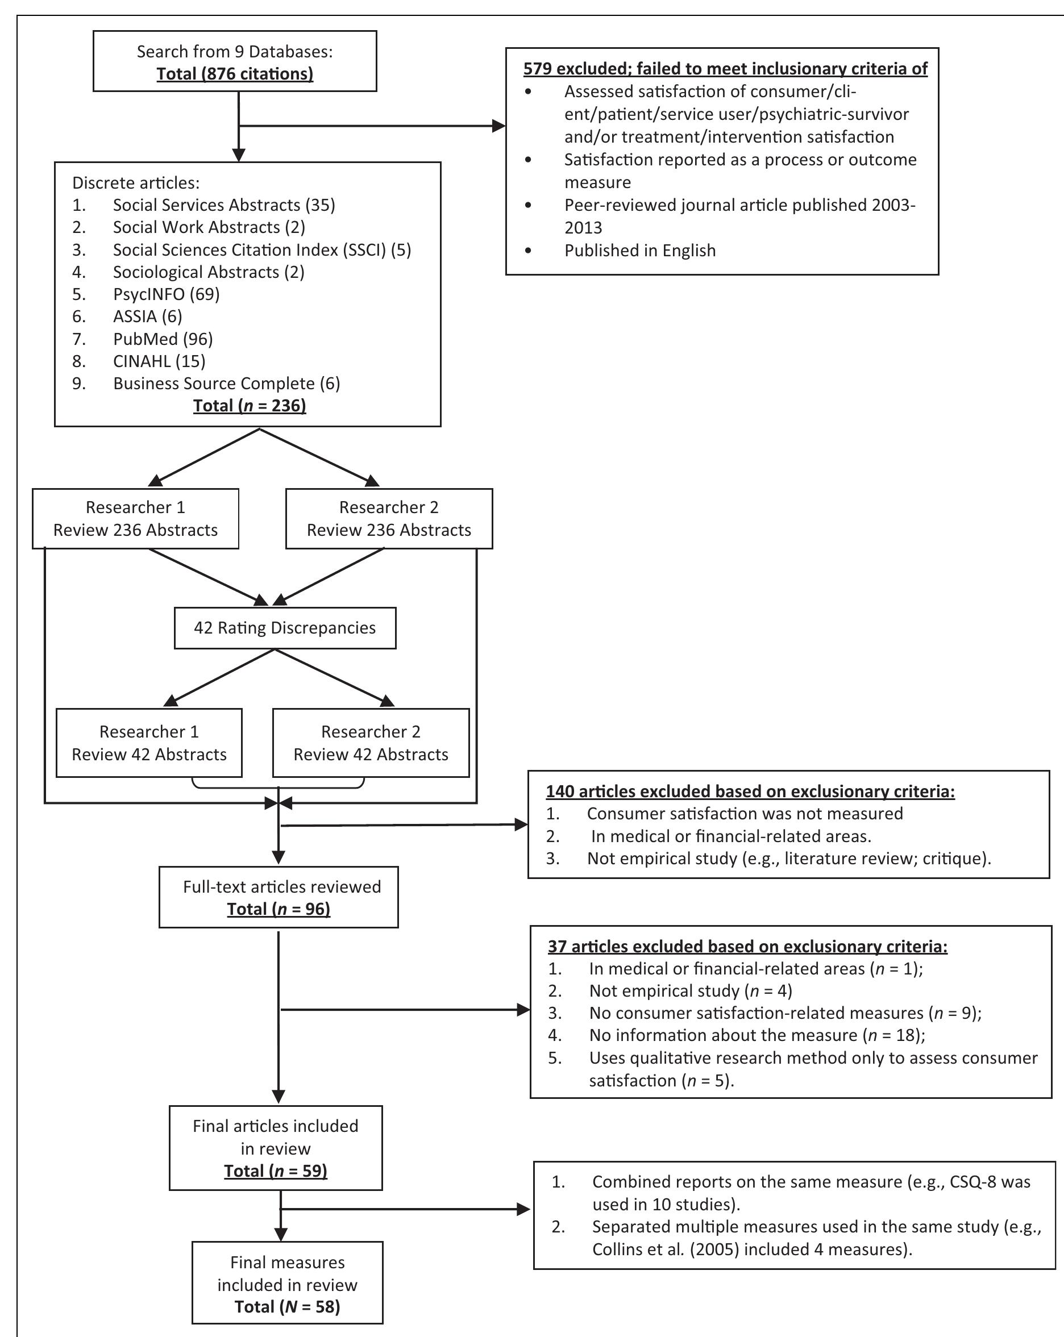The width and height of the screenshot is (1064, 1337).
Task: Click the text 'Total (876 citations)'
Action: coord(235,74)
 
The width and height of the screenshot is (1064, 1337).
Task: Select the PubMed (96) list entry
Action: coord(163,339)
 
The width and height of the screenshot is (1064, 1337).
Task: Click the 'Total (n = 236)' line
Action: coord(250,406)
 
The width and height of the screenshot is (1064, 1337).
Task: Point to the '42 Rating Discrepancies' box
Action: coord(285,627)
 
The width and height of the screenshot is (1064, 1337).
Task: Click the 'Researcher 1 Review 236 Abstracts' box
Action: coord(135,518)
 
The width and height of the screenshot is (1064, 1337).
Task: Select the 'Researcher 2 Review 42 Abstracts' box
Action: coord(371,743)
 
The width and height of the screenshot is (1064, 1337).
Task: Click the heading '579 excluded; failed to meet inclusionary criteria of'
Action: coord(725,69)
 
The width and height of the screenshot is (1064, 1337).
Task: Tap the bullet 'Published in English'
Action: coord(639,251)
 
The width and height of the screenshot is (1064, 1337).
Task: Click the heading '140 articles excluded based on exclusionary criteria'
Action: coord(750,792)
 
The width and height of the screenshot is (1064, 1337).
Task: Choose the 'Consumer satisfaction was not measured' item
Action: coord(745,814)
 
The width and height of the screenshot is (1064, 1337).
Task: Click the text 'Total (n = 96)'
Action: coord(279,909)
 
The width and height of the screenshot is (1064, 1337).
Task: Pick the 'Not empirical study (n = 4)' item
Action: coord(690,991)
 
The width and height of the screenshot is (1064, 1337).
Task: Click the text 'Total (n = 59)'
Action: coord(276,1171)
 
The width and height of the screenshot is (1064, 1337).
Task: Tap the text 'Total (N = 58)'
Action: coord(287,1307)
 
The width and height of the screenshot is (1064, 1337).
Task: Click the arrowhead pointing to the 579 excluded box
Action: coord(499,126)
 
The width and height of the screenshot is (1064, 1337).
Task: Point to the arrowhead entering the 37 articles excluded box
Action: coord(523,1010)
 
